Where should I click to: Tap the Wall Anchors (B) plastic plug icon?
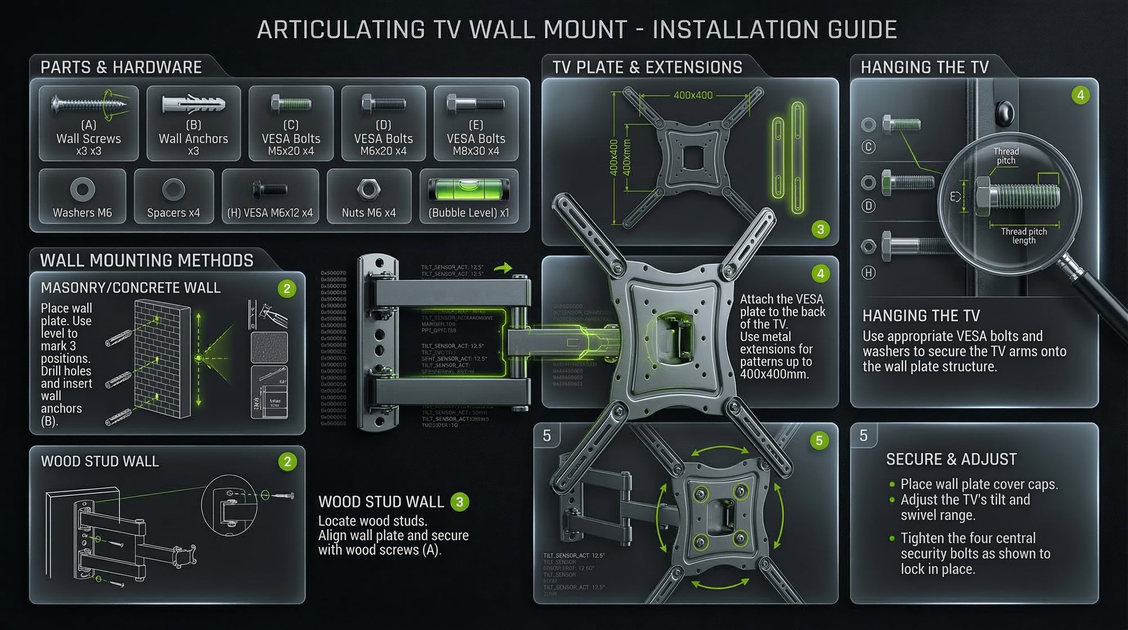(193, 104)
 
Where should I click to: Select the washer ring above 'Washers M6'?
(82, 189)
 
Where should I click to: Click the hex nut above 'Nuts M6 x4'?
(368, 190)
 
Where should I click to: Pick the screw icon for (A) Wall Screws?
(88, 104)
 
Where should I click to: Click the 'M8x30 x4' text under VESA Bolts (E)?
(475, 151)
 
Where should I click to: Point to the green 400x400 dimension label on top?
(693, 95)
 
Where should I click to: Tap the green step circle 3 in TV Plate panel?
(821, 229)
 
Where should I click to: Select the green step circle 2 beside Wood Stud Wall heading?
(287, 462)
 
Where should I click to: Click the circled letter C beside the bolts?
(869, 147)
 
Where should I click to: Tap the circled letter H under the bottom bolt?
(869, 273)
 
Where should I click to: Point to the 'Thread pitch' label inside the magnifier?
(1006, 156)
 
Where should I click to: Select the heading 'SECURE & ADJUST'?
(951, 460)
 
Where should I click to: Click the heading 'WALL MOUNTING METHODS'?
(147, 261)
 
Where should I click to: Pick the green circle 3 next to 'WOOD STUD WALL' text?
(460, 502)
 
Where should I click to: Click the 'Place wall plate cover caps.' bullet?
(979, 484)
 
